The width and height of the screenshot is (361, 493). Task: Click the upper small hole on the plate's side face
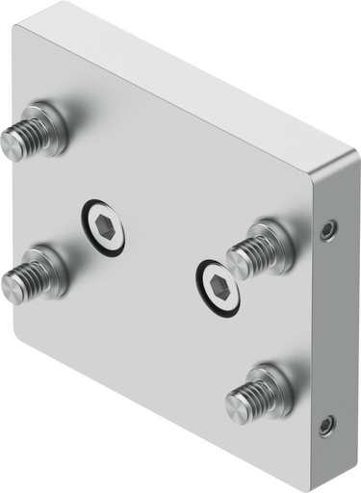[329, 229]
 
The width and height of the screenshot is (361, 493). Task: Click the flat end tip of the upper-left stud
[11, 144]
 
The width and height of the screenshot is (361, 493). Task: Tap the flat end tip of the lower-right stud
[236, 405]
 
